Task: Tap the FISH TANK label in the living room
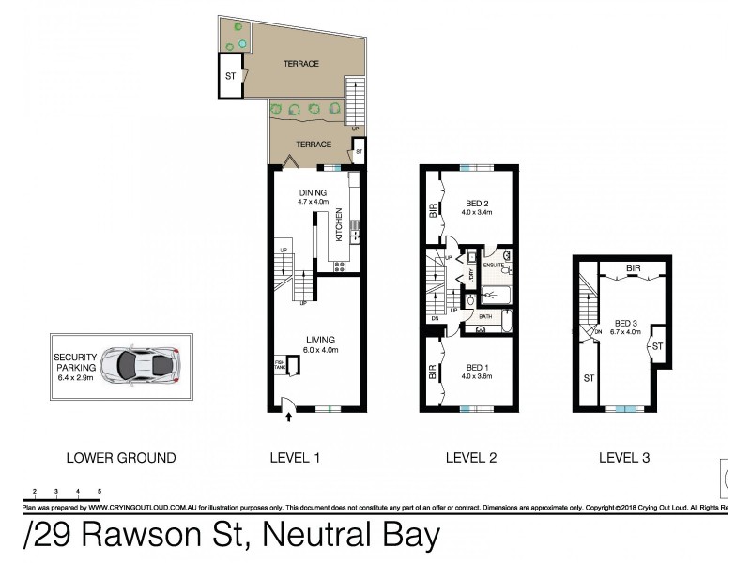pos(279,366)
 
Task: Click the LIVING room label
pos(319,339)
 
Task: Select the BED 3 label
pos(625,320)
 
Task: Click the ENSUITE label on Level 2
pos(495,266)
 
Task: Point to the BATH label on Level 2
pos(485,316)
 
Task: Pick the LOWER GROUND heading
pos(120,458)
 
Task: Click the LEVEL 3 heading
pos(623,458)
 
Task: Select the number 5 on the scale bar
pos(100,491)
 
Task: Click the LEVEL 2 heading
pos(470,458)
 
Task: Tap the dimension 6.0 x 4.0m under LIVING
pos(319,350)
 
